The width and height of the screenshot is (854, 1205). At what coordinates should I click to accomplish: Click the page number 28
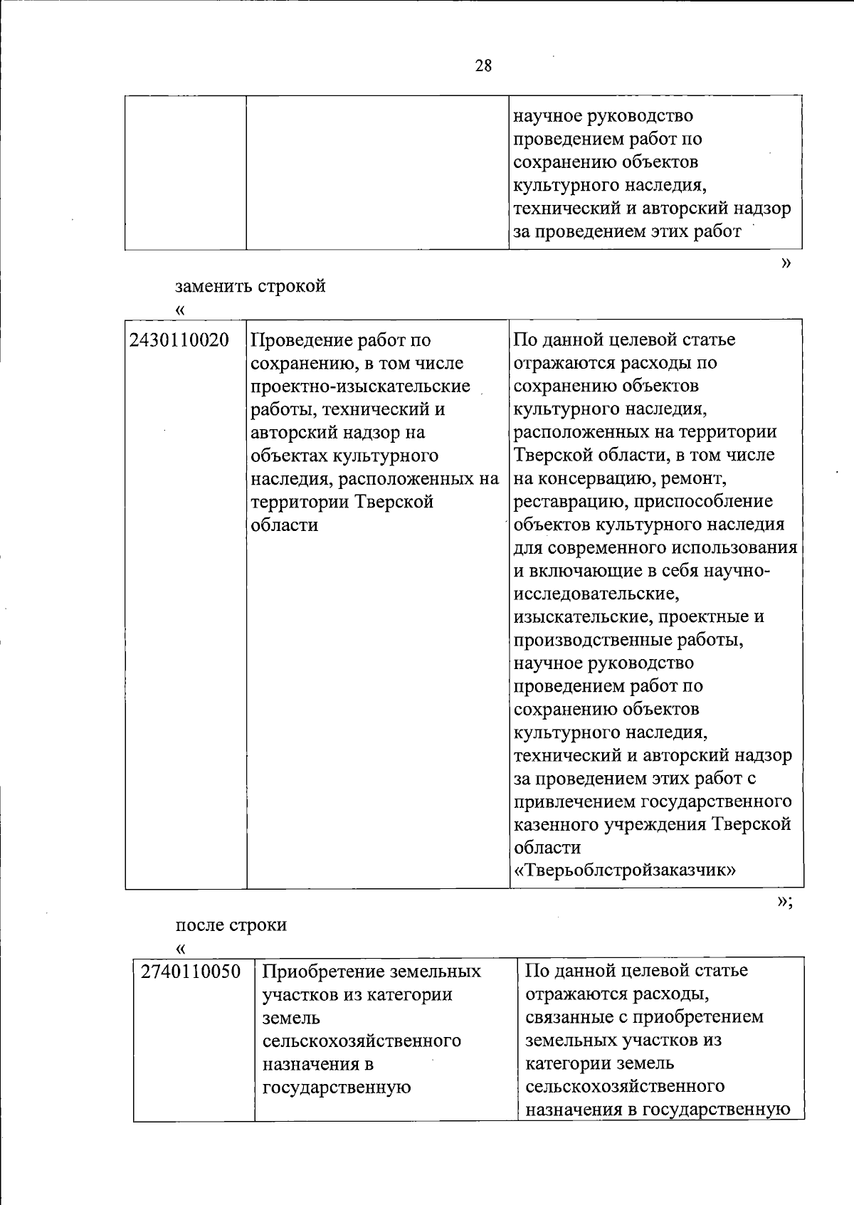pyautogui.click(x=483, y=66)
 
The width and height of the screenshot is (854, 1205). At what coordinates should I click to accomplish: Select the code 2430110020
pyautogui.click(x=179, y=340)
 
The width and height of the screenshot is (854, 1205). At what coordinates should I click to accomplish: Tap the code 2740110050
pyautogui.click(x=191, y=972)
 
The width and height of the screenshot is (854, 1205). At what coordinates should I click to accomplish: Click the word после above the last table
pyautogui.click(x=200, y=925)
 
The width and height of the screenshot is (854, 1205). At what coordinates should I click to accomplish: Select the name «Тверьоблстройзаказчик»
pyautogui.click(x=624, y=870)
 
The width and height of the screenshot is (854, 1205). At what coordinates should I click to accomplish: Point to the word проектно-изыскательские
pyautogui.click(x=361, y=386)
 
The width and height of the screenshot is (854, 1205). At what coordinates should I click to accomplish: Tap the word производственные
pyautogui.click(x=591, y=640)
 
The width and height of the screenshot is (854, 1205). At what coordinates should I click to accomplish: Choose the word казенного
pyautogui.click(x=557, y=825)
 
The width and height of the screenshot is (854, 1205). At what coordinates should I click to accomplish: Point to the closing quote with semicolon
pyautogui.click(x=784, y=902)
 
